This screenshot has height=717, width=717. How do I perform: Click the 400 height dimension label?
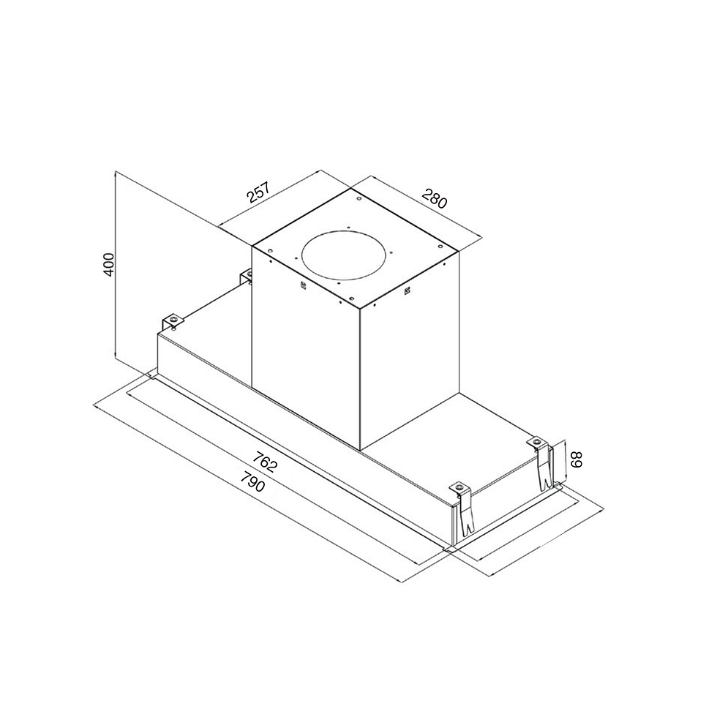click(108, 264)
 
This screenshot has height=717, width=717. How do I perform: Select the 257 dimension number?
click(259, 192)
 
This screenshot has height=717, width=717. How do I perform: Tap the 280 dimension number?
click(434, 199)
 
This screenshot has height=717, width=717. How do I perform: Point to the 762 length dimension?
click(265, 462)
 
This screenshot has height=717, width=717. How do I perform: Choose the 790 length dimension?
click(252, 482)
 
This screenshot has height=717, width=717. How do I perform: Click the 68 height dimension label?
click(577, 459)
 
